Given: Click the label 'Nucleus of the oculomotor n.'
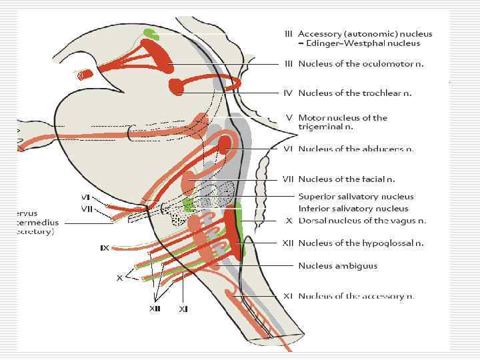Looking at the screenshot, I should [361, 64].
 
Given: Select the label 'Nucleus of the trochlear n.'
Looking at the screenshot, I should [355, 93].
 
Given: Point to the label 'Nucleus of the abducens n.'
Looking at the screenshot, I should [356, 149].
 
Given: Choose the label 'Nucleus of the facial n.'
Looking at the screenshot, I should [347, 179].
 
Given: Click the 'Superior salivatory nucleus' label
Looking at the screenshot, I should [356, 197].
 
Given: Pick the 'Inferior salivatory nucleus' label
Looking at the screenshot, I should [354, 208].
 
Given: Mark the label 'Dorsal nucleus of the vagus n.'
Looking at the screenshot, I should [362, 221].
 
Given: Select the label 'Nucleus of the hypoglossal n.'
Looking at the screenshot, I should [360, 243].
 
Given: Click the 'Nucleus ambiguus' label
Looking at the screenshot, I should [337, 265].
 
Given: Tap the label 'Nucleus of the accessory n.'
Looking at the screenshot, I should [356, 296].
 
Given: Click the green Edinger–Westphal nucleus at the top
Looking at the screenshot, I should [151, 33].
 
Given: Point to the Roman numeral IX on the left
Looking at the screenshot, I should [105, 248].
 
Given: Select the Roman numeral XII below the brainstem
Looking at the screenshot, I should [155, 308].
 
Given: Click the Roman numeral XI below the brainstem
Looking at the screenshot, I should [183, 309].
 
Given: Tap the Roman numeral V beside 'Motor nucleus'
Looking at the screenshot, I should [289, 118].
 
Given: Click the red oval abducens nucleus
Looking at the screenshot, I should [225, 144].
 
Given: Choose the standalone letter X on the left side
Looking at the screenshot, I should [120, 277].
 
